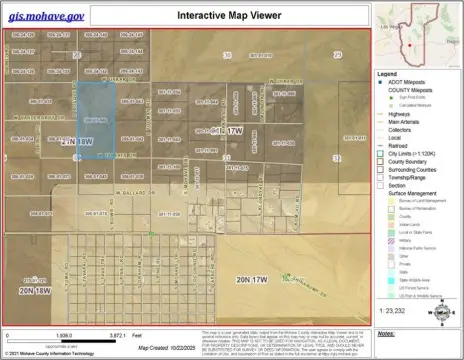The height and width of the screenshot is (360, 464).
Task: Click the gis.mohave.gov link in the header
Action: (46, 16)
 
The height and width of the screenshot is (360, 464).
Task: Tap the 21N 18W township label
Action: (77, 142)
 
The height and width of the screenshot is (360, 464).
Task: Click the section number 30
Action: (228, 55)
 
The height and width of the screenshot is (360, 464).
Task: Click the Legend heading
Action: (387, 74)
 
